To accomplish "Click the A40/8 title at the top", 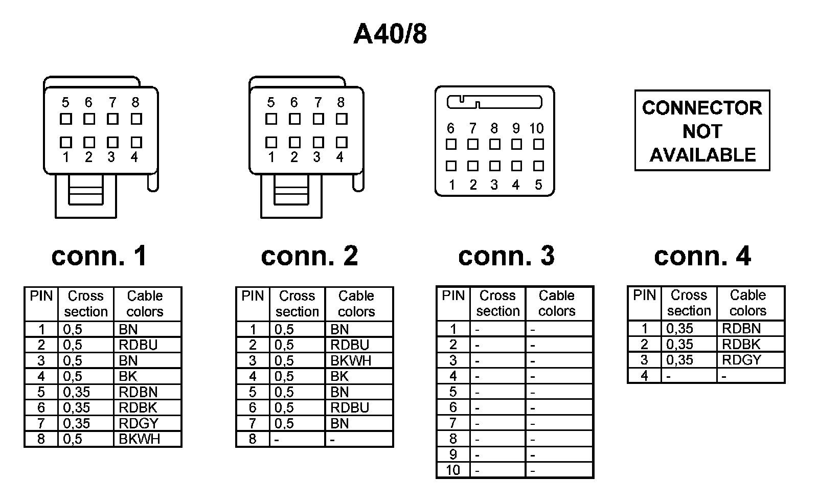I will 390,34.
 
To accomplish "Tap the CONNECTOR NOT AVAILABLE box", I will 702,131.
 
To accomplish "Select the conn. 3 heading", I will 506,256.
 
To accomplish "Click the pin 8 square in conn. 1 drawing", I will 136,119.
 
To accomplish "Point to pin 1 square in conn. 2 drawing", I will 271,142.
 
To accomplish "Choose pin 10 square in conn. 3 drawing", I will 538,144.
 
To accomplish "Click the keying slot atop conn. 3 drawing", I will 494,102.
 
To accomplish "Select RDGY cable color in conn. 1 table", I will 138,423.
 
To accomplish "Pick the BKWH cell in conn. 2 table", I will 350,360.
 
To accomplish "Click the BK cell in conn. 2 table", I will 339,376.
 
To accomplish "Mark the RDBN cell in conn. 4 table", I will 741,328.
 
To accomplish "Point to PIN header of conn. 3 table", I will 453,296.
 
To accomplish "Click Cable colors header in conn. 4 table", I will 747,303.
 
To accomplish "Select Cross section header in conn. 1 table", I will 86,304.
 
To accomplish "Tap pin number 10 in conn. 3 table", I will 453,470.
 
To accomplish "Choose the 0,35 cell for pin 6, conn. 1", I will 77,407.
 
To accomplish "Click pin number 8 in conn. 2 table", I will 253,439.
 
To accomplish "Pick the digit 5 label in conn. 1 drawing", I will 65,103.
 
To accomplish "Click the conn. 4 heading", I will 702,256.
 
